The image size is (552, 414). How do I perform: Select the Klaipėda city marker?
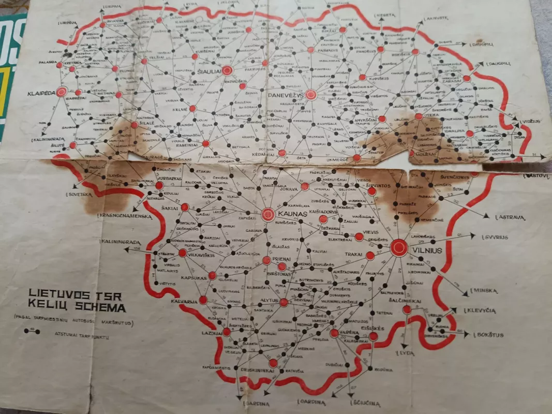[62, 92]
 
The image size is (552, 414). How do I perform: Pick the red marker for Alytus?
[284, 302]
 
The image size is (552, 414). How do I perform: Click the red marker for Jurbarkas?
[159, 185]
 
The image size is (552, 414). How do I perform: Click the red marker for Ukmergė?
[356, 158]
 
